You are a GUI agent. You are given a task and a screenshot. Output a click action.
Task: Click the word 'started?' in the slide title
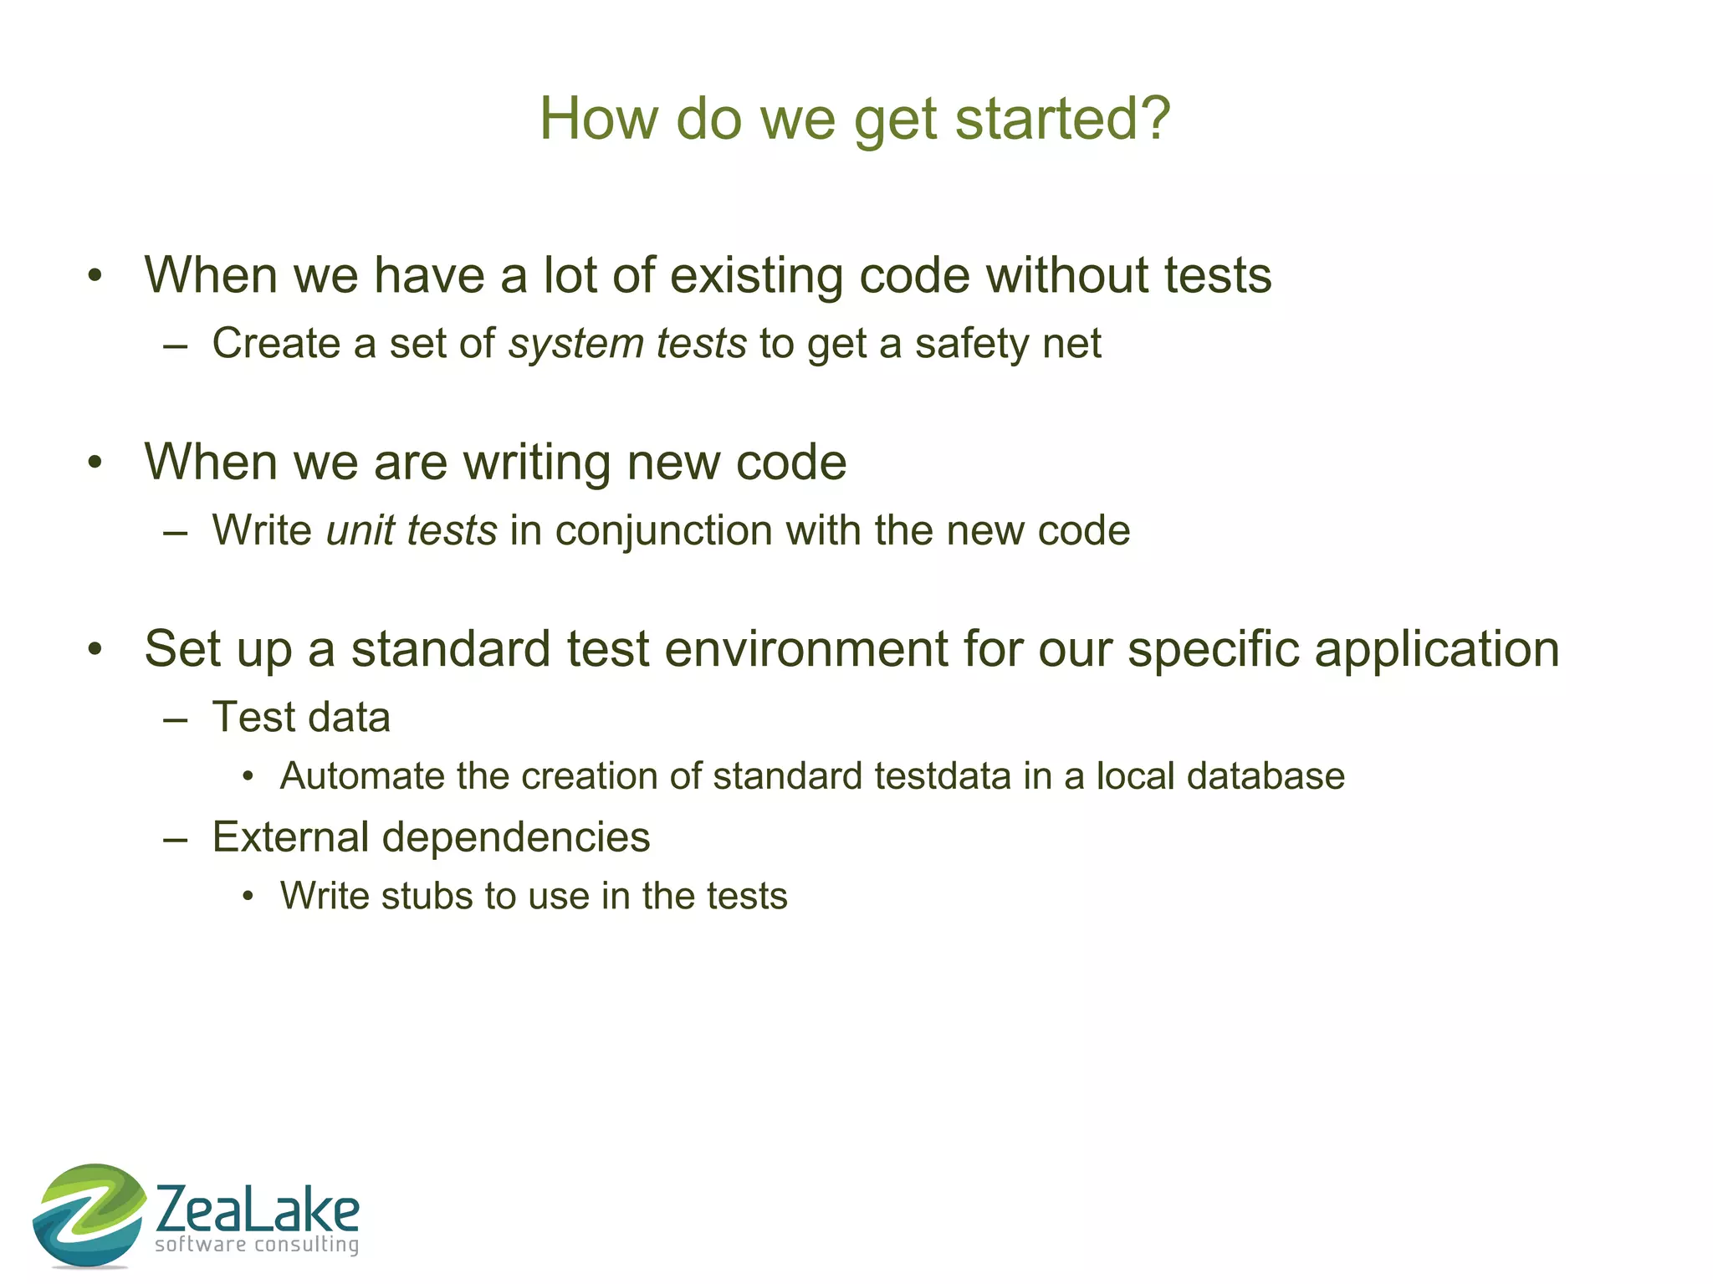1062,118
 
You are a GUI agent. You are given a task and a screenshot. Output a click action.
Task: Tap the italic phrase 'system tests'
627,344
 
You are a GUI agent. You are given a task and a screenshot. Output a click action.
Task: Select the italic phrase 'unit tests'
412,530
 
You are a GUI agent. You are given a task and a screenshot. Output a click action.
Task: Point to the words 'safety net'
1008,344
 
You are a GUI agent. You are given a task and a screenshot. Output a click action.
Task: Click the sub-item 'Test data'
301,718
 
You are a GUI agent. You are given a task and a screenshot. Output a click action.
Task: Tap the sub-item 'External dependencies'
431,837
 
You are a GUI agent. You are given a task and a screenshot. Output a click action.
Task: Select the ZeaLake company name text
258,1210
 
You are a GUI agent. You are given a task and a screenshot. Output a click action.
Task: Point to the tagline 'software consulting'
257,1245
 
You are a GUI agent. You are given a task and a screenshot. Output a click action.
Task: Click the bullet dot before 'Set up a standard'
95,649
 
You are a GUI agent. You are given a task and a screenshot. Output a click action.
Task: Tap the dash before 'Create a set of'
176,345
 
